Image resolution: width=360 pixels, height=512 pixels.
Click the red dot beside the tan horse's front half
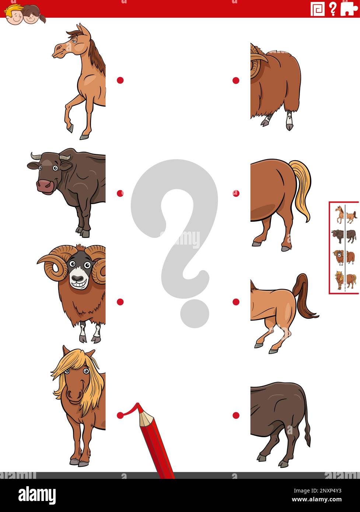coord(120,80)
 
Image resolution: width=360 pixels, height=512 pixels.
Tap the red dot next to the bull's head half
coord(120,193)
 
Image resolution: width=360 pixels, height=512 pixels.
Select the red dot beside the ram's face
coord(120,302)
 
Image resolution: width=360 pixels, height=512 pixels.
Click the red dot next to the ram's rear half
coord(236,80)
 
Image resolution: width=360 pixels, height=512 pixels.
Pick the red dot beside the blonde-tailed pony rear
coord(236,193)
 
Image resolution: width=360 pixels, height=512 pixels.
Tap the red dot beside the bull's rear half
coord(236,415)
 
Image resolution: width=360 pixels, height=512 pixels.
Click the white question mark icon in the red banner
coord(333,8)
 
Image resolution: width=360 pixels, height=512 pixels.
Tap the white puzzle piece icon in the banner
coord(349,8)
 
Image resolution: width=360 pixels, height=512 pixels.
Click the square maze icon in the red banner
coord(318,8)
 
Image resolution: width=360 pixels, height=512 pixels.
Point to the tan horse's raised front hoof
coord(70,128)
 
